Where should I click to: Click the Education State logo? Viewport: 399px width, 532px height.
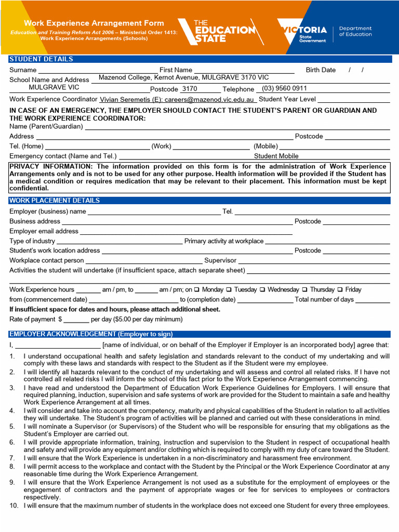[x=221, y=31]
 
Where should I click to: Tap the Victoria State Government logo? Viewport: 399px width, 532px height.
[x=303, y=32]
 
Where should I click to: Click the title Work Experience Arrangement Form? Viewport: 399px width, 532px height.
[x=94, y=23]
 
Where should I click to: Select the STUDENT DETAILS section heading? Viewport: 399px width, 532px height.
[x=41, y=59]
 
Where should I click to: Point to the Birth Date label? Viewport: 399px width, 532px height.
[x=321, y=70]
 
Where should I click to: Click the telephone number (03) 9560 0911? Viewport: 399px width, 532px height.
[x=284, y=88]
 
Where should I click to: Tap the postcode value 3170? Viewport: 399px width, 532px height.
[x=189, y=89]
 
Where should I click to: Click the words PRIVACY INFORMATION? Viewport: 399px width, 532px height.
[x=50, y=167]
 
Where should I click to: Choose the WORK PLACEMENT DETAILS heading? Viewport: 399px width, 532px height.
[x=55, y=201]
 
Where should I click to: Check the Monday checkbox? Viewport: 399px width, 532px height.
[x=197, y=290]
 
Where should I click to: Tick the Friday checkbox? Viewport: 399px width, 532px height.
[x=340, y=290]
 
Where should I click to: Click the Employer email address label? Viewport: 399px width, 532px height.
[x=44, y=231]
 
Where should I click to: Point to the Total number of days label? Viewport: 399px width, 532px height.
[x=324, y=300]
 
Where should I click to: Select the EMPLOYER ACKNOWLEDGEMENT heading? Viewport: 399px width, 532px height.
[x=91, y=334]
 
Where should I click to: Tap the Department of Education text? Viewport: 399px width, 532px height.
[x=355, y=32]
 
